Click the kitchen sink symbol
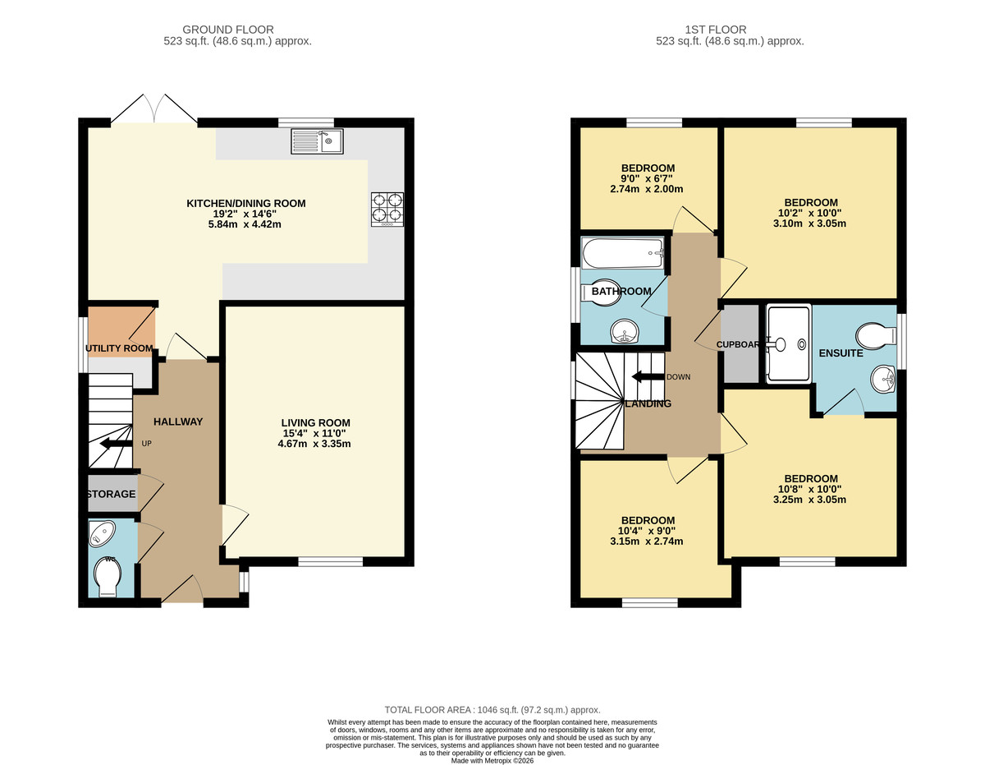tap(317, 142)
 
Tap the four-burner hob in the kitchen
tap(387, 208)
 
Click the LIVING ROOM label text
tap(314, 422)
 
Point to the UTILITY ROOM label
tap(120, 348)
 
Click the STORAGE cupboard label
tap(111, 494)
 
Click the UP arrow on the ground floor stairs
tap(115, 445)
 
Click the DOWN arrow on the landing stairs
tap(647, 377)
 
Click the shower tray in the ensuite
tap(788, 343)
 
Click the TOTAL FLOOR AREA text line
tap(492, 709)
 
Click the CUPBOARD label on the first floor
tap(738, 344)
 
